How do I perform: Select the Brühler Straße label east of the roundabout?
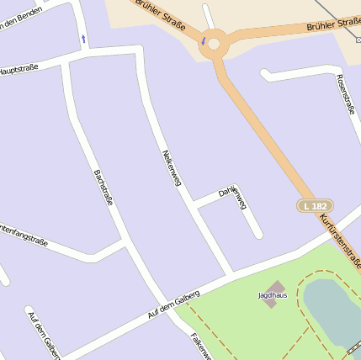[x=333, y=26]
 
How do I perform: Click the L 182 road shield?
[x=316, y=206]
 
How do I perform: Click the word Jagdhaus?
[x=271, y=295]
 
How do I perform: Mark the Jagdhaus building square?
[x=273, y=286]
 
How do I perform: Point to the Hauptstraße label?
[x=19, y=68]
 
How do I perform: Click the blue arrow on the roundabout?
[x=203, y=40]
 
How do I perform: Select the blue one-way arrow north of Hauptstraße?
[x=82, y=38]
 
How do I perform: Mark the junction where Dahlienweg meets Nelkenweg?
[x=194, y=204]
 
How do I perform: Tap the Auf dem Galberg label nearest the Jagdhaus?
[x=173, y=304]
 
